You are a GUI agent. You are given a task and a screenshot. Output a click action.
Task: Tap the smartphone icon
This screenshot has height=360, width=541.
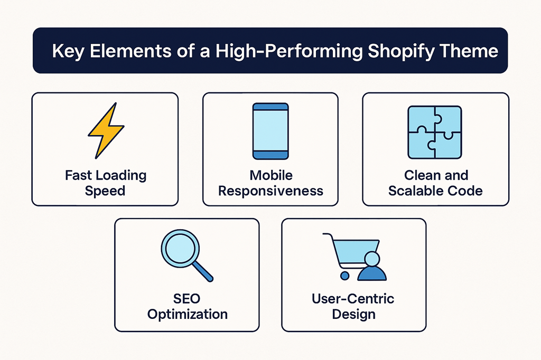click(x=270, y=131)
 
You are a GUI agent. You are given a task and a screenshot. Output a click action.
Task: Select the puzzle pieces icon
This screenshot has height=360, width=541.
click(x=435, y=132)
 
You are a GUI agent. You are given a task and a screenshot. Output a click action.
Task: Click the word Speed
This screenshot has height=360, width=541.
click(x=105, y=190)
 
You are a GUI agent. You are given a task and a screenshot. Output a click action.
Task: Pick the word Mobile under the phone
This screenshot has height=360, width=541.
click(x=271, y=175)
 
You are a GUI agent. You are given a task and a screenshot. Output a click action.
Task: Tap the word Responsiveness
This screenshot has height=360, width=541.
click(x=271, y=190)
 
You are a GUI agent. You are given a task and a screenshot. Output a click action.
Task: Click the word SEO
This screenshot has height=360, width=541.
click(x=187, y=299)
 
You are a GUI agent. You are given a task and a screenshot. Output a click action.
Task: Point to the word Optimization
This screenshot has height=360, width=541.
click(x=188, y=314)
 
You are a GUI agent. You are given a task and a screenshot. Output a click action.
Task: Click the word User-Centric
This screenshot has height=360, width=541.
click(x=353, y=299)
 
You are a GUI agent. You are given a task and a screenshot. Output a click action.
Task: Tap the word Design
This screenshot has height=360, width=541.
click(x=353, y=314)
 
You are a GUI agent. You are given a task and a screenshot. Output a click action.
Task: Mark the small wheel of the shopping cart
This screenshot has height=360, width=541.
click(x=345, y=276)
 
